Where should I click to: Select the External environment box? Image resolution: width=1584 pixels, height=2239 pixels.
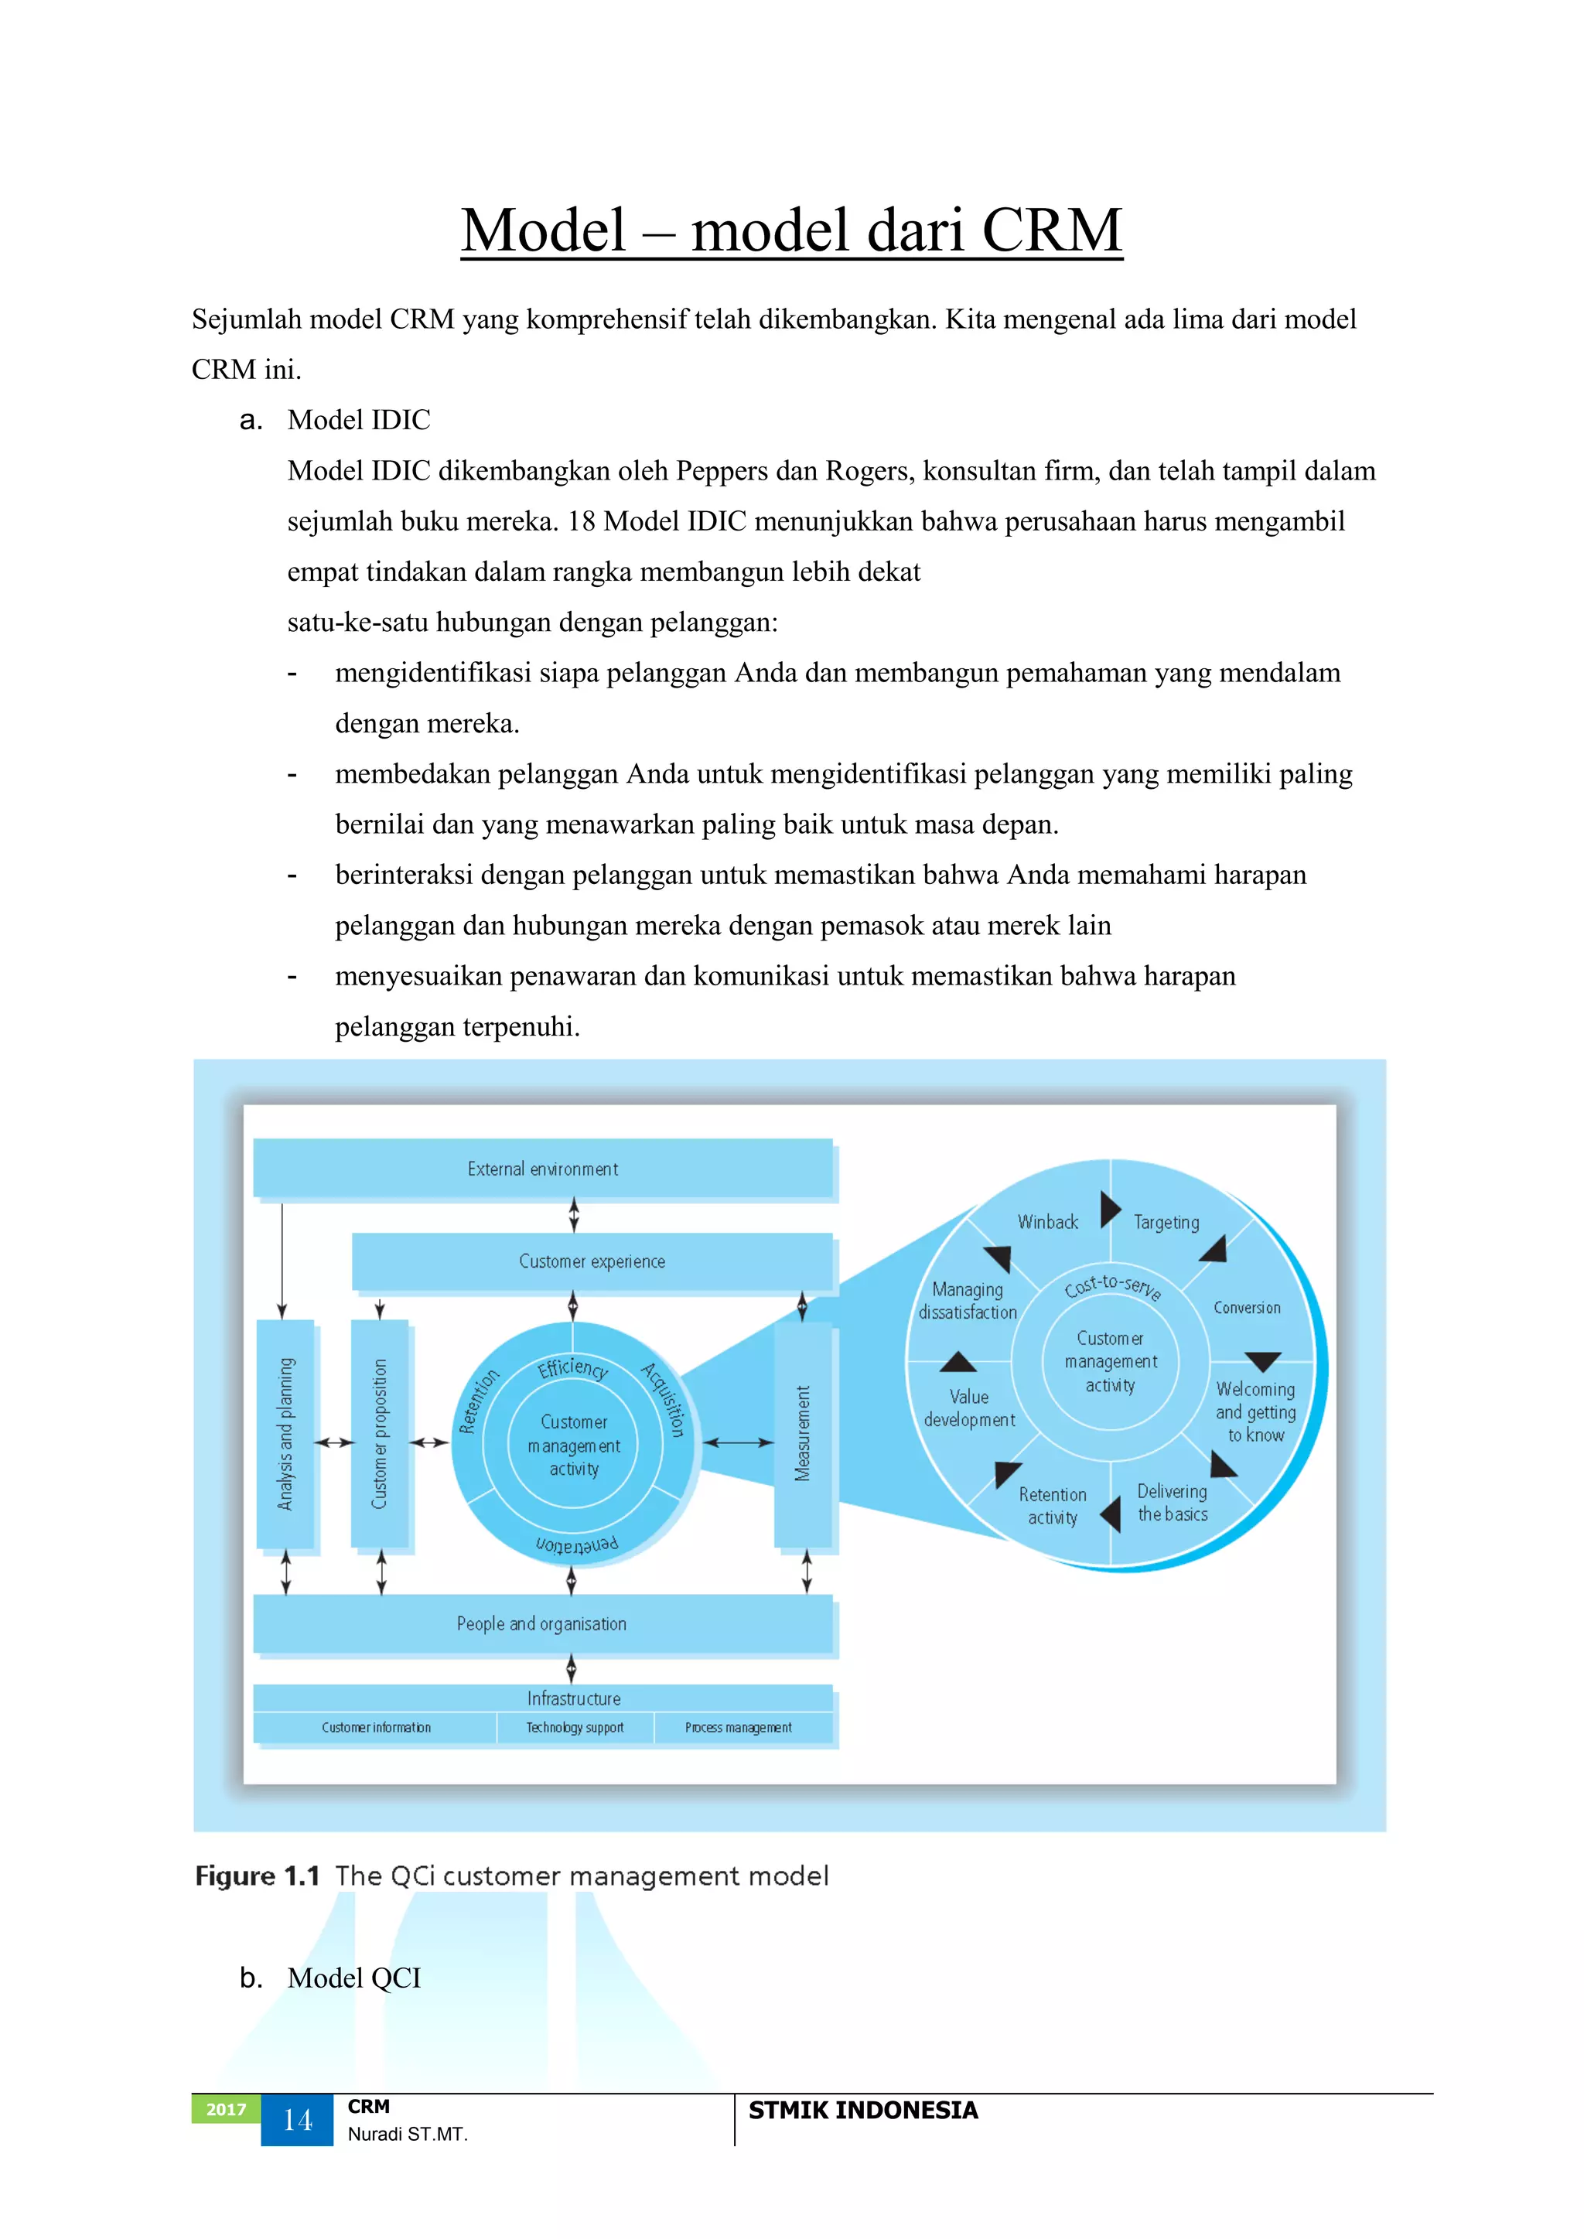[x=542, y=1169]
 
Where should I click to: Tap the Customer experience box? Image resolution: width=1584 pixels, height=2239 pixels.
[x=591, y=1261]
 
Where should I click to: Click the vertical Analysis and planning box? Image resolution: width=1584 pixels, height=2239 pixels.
[x=285, y=1434]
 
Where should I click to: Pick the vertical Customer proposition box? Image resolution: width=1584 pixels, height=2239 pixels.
[x=380, y=1434]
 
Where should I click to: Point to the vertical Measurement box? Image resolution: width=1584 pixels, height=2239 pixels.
[x=803, y=1434]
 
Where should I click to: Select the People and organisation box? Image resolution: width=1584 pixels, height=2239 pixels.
[x=542, y=1623]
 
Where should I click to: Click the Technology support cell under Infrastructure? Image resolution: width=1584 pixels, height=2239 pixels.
[x=575, y=1727]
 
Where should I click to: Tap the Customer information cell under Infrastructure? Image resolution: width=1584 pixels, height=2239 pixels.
[x=376, y=1727]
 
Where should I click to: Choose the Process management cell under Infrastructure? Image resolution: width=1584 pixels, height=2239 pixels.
[x=739, y=1727]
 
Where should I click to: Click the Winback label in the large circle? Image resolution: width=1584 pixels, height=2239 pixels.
[x=1047, y=1222]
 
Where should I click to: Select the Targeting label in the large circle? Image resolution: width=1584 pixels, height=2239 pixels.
[x=1166, y=1222]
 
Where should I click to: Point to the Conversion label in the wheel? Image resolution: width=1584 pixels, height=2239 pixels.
[x=1247, y=1308]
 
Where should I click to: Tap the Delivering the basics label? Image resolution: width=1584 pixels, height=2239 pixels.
[x=1173, y=1503]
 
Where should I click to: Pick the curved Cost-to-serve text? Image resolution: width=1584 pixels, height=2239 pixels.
[x=1112, y=1286]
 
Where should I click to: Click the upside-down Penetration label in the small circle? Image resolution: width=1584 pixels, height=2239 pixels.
[x=576, y=1544]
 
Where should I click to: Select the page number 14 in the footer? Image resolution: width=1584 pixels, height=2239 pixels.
[x=298, y=2120]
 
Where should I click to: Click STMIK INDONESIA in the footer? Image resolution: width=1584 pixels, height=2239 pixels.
[x=862, y=2111]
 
